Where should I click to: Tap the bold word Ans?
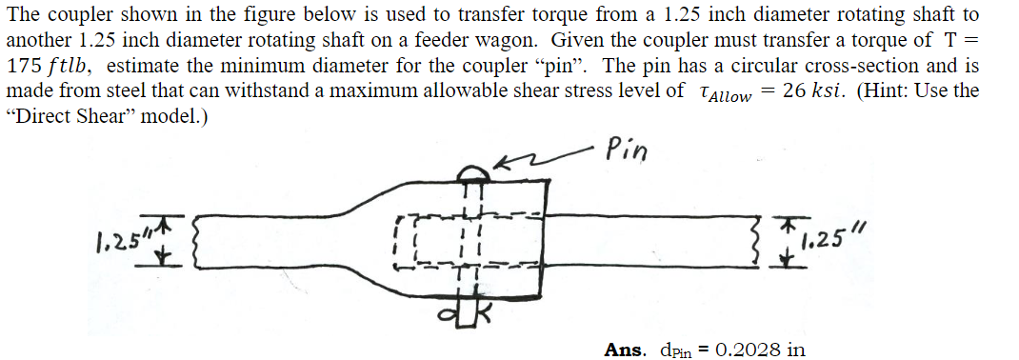627,350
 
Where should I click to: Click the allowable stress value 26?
795,90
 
